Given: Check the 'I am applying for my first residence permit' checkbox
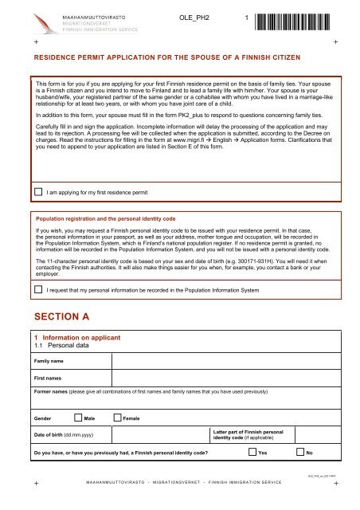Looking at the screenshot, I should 38,191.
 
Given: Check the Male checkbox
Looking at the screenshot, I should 76,417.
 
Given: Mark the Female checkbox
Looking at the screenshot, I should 118,417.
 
